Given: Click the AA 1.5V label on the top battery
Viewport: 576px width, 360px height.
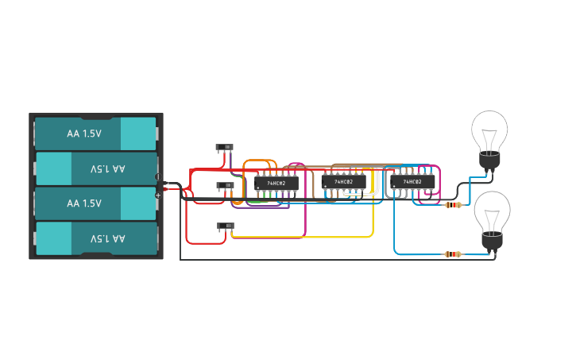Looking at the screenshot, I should (84, 134).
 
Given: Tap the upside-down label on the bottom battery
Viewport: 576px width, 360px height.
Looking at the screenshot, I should (107, 238).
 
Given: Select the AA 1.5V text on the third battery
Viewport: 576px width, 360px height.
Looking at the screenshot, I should (84, 203).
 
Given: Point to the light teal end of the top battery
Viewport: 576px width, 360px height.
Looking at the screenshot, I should (138, 134).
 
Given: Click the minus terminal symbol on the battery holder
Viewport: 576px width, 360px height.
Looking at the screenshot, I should (157, 176).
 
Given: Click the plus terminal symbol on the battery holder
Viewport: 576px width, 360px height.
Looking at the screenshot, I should (157, 195).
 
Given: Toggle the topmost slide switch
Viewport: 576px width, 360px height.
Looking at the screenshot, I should (226, 147).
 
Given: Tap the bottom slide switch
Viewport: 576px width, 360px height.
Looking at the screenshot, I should (226, 226).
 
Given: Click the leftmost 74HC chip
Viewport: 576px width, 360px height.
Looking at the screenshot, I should (276, 183).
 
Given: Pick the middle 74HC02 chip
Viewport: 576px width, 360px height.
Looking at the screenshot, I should (343, 182).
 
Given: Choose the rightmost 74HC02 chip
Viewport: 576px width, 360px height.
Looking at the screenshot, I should (412, 182).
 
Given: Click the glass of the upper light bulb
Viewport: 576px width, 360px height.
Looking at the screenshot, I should (489, 129).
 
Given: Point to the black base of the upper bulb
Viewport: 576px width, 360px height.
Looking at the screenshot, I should (489, 161).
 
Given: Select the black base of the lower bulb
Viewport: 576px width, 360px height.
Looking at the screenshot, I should (492, 243).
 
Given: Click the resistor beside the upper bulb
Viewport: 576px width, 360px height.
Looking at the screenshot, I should (454, 205).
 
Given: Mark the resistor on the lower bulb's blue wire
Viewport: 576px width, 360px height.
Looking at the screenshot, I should (452, 254).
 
